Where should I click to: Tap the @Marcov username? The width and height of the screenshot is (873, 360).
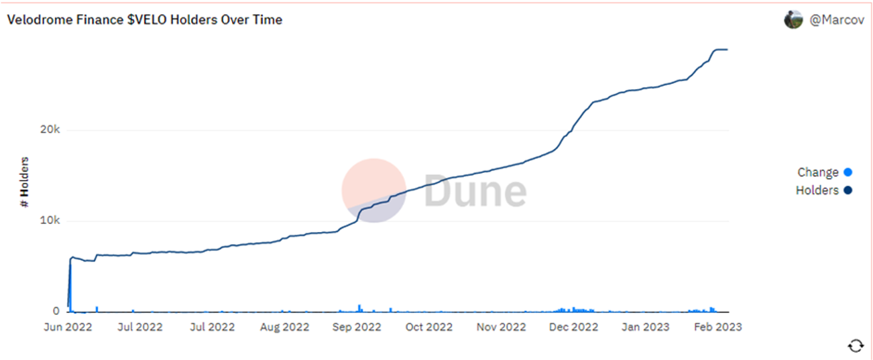[837, 20]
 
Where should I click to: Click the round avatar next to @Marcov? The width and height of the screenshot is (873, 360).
[793, 19]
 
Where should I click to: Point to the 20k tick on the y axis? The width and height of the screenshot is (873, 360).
[50, 130]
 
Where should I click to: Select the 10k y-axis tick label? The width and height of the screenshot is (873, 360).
[50, 221]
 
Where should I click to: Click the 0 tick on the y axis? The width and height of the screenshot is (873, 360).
[56, 311]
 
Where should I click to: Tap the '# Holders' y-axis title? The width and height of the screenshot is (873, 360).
[25, 182]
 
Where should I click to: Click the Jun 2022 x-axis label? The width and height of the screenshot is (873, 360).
[68, 326]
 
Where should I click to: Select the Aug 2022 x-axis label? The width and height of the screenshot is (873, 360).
[284, 326]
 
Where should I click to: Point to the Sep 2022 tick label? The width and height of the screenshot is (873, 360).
[356, 326]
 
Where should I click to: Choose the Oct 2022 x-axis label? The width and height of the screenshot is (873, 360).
[428, 326]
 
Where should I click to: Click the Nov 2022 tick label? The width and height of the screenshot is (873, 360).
[501, 326]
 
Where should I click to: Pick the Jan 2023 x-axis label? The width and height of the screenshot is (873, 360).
[644, 326]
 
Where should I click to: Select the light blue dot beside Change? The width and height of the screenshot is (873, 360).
[848, 172]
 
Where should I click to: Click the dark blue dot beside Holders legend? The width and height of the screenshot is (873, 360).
[848, 190]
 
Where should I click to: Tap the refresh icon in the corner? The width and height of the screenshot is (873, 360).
[856, 345]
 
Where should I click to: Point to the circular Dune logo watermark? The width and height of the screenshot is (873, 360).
[373, 190]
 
